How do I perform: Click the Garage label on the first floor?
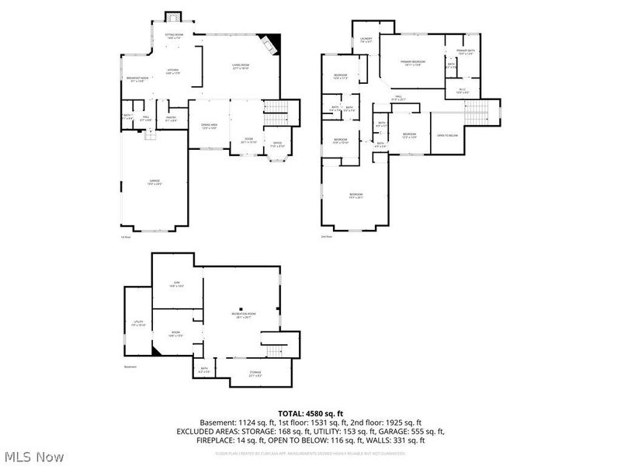(x=154, y=181)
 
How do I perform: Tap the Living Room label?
(x=240, y=67)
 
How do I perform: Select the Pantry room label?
(x=172, y=118)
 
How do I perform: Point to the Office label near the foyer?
(x=277, y=144)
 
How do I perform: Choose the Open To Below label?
(x=448, y=135)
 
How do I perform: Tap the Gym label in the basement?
(x=176, y=283)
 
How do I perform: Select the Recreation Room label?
(x=244, y=315)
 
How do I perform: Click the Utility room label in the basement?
(x=138, y=323)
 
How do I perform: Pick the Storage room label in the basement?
(x=255, y=375)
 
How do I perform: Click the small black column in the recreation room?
(x=241, y=307)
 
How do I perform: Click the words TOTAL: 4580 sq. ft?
(x=310, y=413)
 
